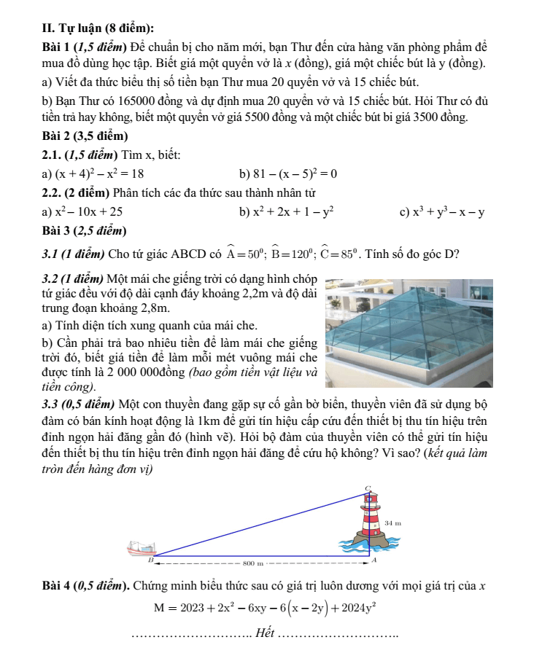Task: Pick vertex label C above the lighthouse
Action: coord(368,487)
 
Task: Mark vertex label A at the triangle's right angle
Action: coord(374,562)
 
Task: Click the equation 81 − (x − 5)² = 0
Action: coord(294,173)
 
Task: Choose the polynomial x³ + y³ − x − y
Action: coord(449,212)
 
